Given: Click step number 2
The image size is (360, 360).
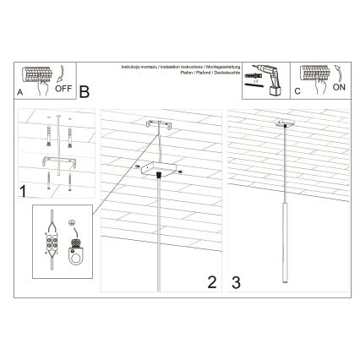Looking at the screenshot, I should pos(212,281).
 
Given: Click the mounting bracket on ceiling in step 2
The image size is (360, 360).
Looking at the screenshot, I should pos(158,124).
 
